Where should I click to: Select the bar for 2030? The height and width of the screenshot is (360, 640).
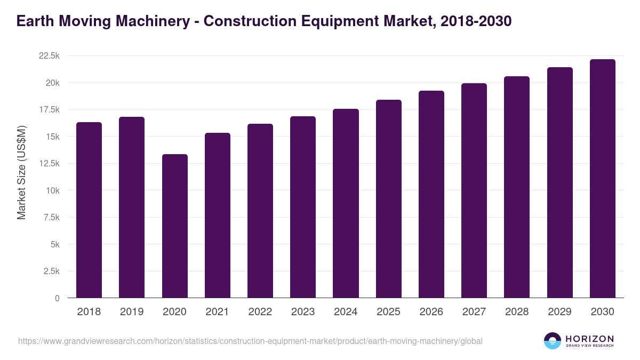tap(603, 178)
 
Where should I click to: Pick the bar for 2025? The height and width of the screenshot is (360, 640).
tap(389, 198)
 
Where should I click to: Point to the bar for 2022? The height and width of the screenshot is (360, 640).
tap(260, 211)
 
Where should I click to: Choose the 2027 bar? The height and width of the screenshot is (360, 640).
tap(474, 190)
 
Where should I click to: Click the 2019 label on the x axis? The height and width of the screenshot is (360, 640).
tap(132, 312)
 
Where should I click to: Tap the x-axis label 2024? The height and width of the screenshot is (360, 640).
tap(346, 312)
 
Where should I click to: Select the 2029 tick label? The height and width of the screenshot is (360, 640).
tap(559, 312)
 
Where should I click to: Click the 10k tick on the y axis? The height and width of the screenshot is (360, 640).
tap(52, 191)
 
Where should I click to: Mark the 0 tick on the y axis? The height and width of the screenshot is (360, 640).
tap(57, 299)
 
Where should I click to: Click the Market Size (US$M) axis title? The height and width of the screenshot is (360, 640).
tap(21, 173)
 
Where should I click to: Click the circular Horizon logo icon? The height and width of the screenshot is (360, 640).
tap(553, 341)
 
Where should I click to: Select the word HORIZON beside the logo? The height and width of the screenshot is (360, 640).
tap(589, 339)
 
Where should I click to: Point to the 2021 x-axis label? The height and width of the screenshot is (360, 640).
tap(218, 312)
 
